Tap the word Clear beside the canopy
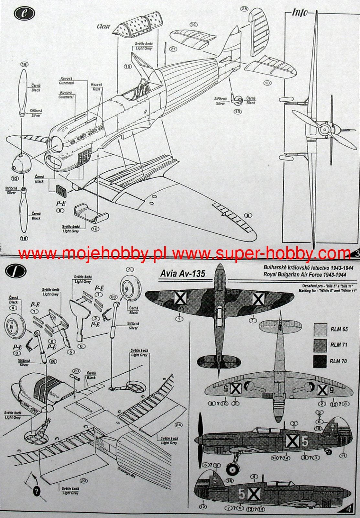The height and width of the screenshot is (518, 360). pyautogui.click(x=104, y=27)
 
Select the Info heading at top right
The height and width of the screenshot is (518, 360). pyautogui.click(x=300, y=13)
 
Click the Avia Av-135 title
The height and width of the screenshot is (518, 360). pyautogui.click(x=183, y=274)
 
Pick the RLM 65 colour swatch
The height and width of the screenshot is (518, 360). pyautogui.click(x=320, y=329)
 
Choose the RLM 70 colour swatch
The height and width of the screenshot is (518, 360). pyautogui.click(x=320, y=361)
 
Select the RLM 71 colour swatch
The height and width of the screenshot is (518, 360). pyautogui.click(x=320, y=345)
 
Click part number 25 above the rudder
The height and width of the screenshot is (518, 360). pyautogui.click(x=244, y=9)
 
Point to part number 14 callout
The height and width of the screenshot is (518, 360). pyautogui.click(x=193, y=25)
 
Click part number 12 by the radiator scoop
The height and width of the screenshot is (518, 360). pyautogui.click(x=95, y=229)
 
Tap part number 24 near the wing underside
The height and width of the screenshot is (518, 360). pyautogui.click(x=178, y=425)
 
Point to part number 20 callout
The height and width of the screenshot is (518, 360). pyautogui.click(x=76, y=371)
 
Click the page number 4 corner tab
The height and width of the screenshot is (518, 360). pyautogui.click(x=348, y=509)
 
